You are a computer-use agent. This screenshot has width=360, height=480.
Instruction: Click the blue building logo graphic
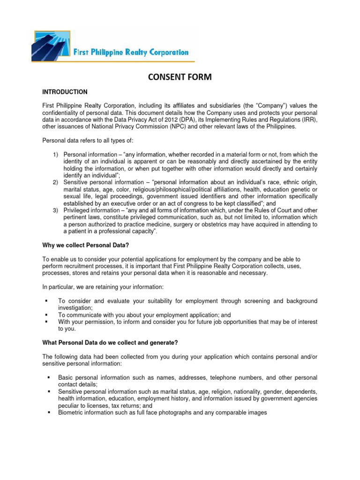coord(52,45)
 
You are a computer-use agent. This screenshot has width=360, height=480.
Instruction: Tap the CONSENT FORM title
coord(180,77)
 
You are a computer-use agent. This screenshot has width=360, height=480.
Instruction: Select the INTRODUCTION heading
coord(65,92)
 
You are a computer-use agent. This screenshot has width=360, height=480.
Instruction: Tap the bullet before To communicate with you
coord(46,315)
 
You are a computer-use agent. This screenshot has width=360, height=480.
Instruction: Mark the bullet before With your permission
coord(46,322)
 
